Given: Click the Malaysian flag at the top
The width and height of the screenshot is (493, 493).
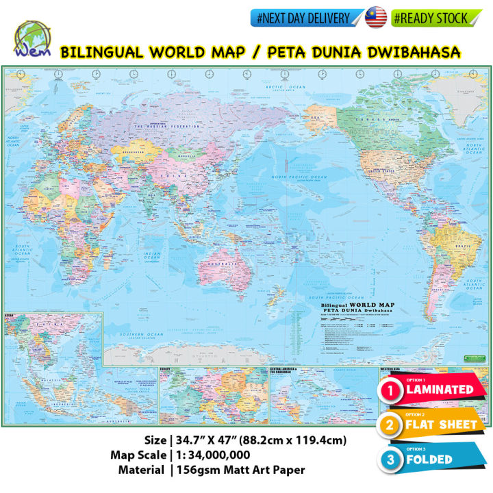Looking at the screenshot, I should point(376,18).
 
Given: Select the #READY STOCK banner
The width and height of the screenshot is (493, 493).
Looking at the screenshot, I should point(431,18).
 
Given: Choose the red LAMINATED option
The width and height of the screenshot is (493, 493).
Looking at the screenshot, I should point(431,390).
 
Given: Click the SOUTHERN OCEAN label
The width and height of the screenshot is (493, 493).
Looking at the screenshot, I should point(137,333).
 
